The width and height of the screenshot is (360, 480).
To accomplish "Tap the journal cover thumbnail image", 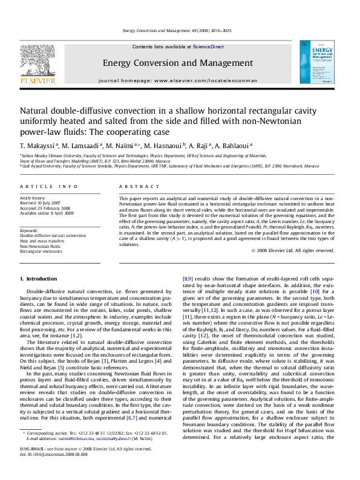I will (x=316, y=66).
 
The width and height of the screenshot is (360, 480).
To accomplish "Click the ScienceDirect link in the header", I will (x=209, y=47).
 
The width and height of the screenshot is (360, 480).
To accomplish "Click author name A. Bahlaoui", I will (x=234, y=146).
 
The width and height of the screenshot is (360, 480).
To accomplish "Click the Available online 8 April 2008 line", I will (x=48, y=213).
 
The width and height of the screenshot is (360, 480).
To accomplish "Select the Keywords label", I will (x=30, y=230).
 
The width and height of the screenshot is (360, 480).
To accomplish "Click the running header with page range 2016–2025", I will (x=180, y=30).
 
